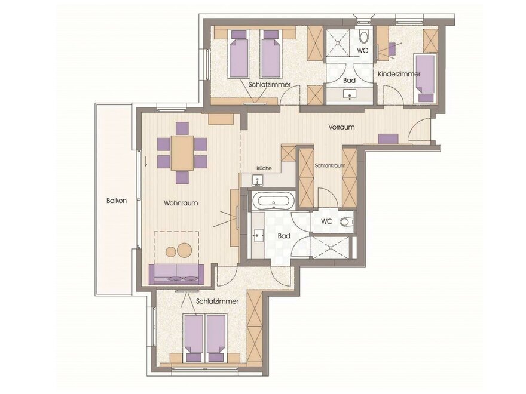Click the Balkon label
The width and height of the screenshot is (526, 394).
click(117, 201)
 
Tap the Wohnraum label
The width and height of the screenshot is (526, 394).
click(181, 203)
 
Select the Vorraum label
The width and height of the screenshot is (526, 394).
click(341, 127)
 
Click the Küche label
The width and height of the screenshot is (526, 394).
click(264, 168)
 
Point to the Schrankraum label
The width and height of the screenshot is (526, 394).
click(330, 165)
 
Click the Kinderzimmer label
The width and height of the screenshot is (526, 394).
click(399, 74)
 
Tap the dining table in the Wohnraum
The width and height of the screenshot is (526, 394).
click(182, 153)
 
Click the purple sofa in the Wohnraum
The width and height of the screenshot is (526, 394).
click(176, 274)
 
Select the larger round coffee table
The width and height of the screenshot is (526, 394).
click(184, 250)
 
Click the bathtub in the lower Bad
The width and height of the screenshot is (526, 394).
click(274, 201)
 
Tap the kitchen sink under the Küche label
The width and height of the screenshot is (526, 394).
click(258, 180)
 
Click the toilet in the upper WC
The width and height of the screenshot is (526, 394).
click(363, 36)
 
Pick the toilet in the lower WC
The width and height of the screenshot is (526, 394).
click(347, 221)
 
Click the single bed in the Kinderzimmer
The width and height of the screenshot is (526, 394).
click(424, 78)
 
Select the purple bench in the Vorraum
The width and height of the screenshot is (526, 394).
click(388, 138)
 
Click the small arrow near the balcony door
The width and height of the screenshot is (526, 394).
click(146, 162)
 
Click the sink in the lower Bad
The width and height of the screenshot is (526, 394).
click(259, 236)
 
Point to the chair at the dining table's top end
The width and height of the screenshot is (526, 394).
click(182, 128)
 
